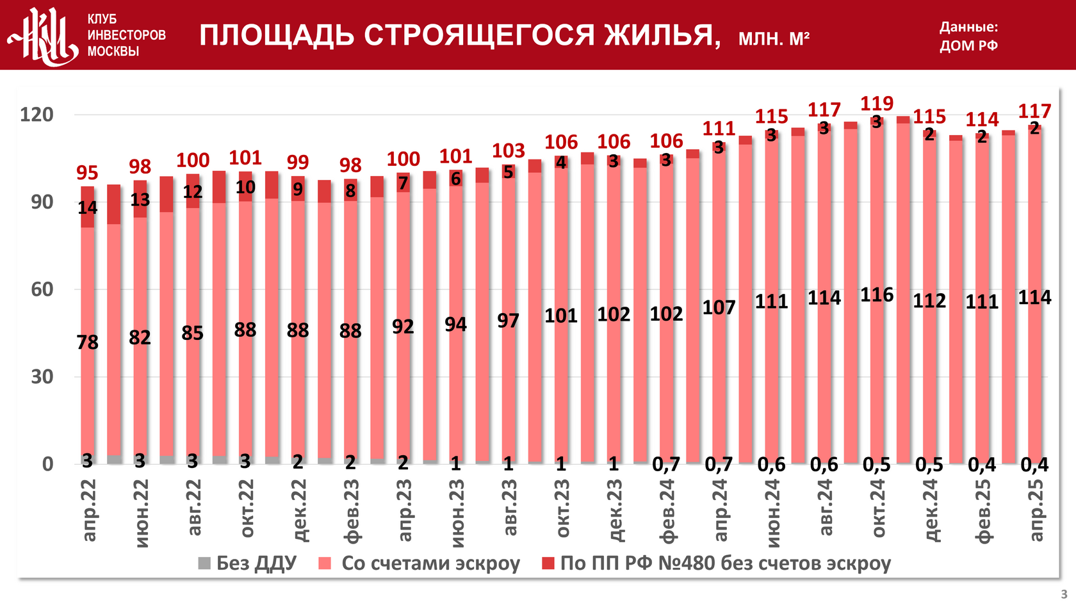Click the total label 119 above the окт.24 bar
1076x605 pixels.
point(876,103)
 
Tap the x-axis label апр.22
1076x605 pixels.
point(88,510)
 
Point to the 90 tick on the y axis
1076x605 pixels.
point(42,202)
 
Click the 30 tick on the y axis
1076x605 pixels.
point(42,377)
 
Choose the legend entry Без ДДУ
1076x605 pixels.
point(248,563)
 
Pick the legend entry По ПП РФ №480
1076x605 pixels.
point(716,563)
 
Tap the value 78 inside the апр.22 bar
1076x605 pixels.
point(88,343)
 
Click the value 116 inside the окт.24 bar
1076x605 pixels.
point(876,295)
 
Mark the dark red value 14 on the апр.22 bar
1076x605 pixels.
point(88,207)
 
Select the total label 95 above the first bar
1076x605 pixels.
point(87,173)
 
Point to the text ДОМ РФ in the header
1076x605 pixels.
point(968,45)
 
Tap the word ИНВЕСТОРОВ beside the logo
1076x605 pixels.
point(126,35)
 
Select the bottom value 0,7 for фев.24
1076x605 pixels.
point(666,465)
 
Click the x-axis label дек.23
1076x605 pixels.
point(614,510)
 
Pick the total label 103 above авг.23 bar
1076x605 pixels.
point(508,150)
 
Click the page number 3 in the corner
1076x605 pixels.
point(1064,594)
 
